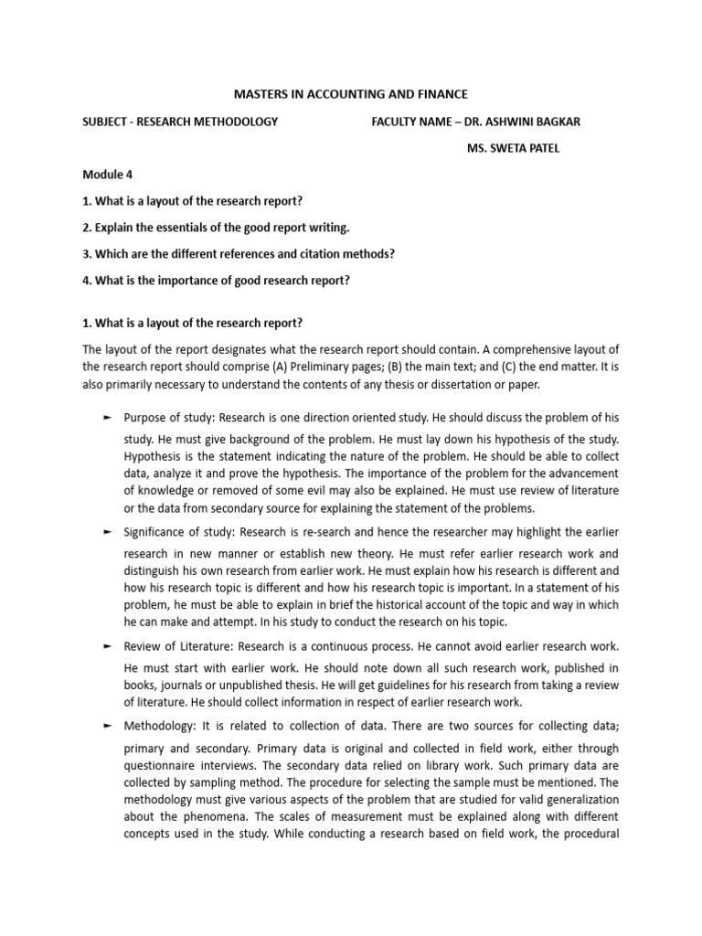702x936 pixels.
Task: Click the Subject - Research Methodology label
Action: [x=180, y=122]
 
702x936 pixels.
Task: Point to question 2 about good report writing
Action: [x=216, y=227]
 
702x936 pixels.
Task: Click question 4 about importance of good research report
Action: [x=217, y=280]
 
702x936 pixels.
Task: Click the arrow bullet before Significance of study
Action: [x=107, y=531]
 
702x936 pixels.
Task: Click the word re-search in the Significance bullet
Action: [x=367, y=531]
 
